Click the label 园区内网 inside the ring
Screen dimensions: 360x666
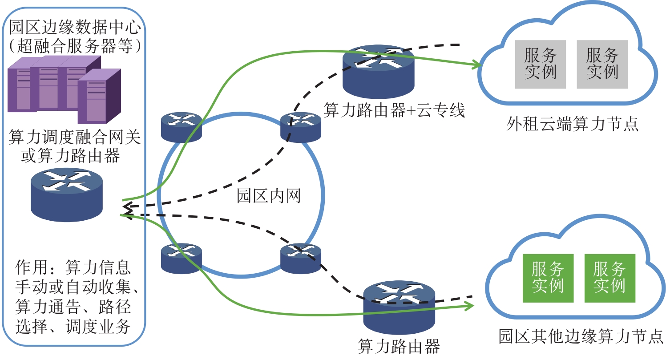coord(269,196)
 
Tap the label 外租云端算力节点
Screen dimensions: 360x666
coord(573,124)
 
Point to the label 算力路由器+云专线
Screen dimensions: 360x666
coord(394,109)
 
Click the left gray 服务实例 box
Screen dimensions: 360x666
coord(541,64)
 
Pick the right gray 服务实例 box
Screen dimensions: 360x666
coord(602,64)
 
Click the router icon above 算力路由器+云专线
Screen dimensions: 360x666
coord(378,71)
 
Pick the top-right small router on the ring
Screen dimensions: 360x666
coord(301,127)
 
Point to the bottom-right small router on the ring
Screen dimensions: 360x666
coord(301,258)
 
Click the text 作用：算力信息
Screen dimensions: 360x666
coord(73,267)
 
